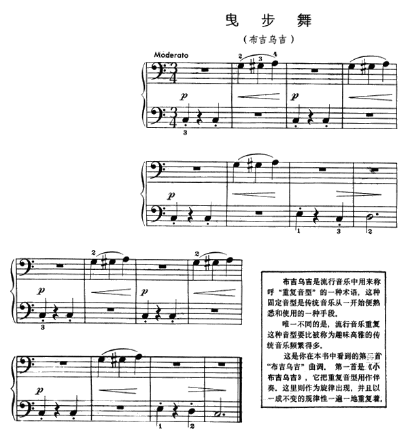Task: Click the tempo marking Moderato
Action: [171, 55]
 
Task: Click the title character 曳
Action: [233, 20]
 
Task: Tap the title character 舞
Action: [305, 20]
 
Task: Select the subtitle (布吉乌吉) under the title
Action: [269, 39]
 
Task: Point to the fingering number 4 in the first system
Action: [275, 54]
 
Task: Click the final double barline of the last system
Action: [240, 389]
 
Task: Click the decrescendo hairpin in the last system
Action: [207, 390]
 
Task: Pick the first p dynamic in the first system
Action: [184, 96]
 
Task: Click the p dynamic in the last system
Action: [39, 390]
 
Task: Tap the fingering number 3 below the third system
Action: [43, 328]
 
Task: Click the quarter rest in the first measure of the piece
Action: [200, 118]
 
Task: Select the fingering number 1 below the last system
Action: [160, 426]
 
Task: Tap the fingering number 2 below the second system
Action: [370, 231]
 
